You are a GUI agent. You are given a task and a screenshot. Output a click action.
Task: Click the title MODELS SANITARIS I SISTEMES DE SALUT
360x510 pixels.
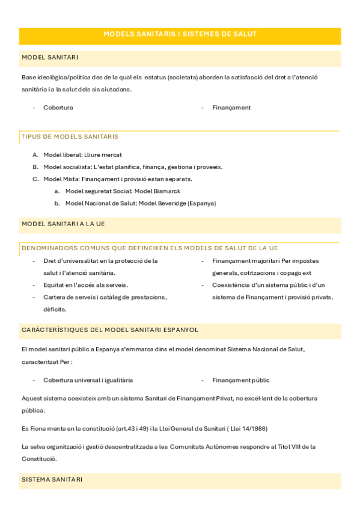pos(180,34)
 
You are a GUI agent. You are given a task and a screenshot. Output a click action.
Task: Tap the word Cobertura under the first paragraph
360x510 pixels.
pos(58,108)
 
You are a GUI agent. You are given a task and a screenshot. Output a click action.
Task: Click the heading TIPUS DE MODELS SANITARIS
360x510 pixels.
pos(70,137)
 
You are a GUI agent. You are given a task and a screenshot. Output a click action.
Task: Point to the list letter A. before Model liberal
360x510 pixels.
pos(35,155)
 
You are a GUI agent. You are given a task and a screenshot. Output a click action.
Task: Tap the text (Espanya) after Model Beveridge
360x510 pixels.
pos(201,203)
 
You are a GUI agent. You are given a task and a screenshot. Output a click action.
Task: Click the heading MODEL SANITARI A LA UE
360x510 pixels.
pos(63,224)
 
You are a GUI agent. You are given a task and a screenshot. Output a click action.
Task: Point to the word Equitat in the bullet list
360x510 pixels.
pos(54,285)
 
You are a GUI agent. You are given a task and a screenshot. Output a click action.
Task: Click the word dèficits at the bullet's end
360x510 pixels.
pos(55,309)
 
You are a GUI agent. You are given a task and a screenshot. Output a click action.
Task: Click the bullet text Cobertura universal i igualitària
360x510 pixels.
pos(88,380)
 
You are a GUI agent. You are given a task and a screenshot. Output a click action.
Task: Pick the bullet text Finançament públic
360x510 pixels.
pos(240,380)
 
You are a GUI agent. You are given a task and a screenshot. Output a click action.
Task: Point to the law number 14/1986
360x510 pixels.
pos(253,428)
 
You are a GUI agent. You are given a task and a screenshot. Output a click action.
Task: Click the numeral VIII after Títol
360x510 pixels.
pos(297,447)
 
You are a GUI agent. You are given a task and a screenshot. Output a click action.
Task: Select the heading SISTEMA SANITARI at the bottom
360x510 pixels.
pos(52,479)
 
